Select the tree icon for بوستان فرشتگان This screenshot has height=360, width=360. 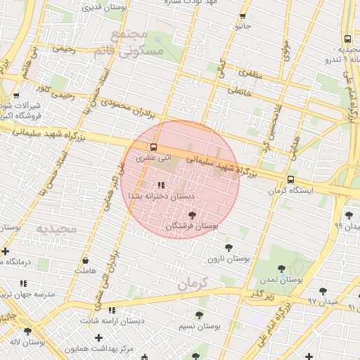[x=193, y=215]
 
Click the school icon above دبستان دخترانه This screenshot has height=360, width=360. [x=161, y=186]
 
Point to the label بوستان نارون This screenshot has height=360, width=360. [x=229, y=259]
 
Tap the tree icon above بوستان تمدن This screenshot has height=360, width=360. [x=281, y=268]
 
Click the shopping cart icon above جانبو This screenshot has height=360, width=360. [x=243, y=15]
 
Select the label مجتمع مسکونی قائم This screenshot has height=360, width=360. [x=137, y=43]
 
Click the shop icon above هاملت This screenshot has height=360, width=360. [x=85, y=259]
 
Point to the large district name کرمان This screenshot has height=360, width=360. [x=194, y=284]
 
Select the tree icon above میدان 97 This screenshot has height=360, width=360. [x=323, y=290]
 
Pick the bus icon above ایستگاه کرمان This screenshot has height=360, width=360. [x=291, y=179]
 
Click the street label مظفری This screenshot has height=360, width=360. [x=250, y=72]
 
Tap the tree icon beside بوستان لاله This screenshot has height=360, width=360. [x=28, y=331]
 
